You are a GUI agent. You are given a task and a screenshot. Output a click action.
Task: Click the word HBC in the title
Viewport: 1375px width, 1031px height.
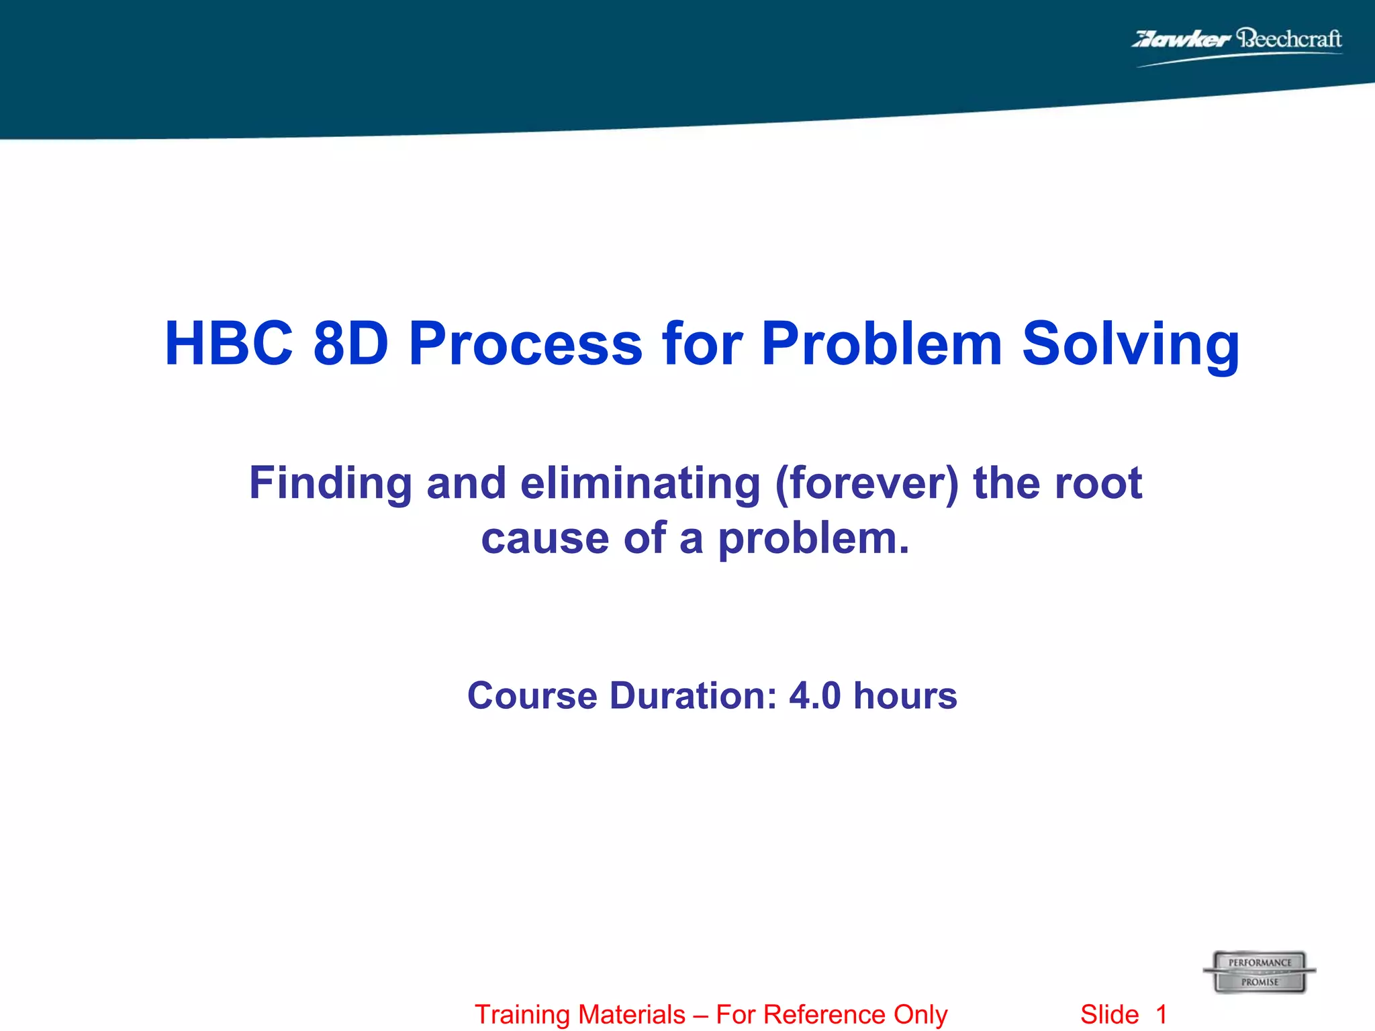(229, 344)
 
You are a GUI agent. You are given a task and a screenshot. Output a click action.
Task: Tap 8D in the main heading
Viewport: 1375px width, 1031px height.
(351, 344)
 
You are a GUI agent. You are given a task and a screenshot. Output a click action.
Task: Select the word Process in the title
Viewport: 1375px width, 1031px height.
(526, 344)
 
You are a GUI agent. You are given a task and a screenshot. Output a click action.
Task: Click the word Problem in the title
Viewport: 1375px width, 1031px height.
(882, 344)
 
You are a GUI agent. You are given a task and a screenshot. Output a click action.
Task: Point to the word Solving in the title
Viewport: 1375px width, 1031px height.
(1131, 344)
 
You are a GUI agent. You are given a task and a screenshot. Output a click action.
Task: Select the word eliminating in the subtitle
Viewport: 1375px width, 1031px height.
(641, 484)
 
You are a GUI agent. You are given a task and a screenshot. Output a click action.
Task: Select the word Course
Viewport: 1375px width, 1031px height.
(532, 695)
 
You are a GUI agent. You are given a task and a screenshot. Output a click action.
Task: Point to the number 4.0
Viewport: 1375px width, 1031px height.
(814, 695)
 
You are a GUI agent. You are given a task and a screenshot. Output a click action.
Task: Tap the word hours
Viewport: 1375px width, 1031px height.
(905, 695)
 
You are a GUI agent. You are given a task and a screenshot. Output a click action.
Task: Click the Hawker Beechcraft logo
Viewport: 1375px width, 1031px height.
(1237, 44)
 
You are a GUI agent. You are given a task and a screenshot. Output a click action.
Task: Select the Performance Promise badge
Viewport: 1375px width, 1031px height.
(1259, 972)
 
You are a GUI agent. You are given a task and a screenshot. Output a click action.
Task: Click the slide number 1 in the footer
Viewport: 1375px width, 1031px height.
(1161, 1015)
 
